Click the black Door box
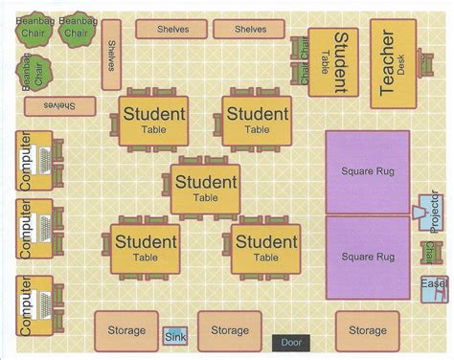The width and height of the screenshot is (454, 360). point(289,342)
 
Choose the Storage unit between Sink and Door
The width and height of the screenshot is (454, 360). point(230,330)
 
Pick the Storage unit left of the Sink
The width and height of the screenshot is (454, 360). point(121,330)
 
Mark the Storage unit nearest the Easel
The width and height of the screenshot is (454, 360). point(368,330)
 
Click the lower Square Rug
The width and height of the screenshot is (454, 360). point(368,257)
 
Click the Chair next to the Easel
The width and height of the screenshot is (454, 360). point(427,253)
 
